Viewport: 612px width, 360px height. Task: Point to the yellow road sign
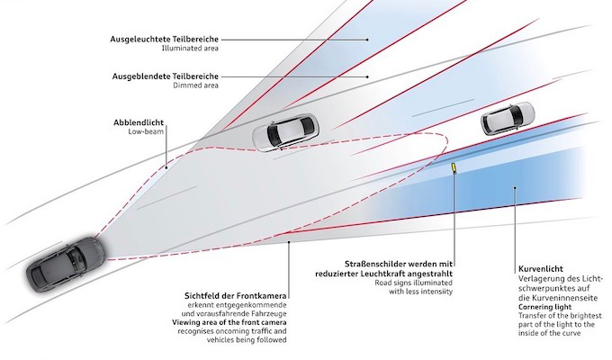click(454, 168)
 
